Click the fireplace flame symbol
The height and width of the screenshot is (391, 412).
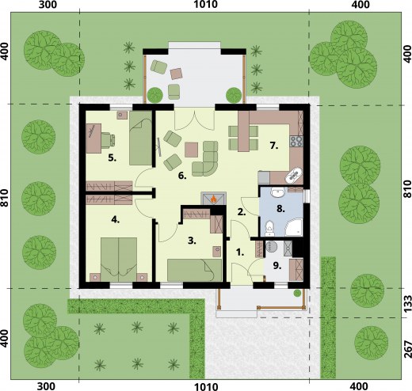[214, 199]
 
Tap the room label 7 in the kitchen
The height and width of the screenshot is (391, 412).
[274, 146]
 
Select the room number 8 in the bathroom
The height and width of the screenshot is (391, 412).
[280, 209]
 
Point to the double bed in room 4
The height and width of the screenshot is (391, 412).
[119, 260]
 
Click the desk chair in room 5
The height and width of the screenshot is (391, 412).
[108, 140]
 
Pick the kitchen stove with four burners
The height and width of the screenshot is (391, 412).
[296, 141]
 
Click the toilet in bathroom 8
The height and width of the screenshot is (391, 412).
[269, 228]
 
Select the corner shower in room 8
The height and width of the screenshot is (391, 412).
[294, 226]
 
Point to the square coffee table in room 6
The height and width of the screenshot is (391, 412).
[192, 150]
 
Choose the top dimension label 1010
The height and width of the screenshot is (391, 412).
[206, 5]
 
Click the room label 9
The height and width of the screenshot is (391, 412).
[277, 266]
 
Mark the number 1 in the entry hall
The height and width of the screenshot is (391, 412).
[240, 252]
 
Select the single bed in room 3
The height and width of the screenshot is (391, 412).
[194, 270]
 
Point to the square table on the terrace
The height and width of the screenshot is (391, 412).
[177, 74]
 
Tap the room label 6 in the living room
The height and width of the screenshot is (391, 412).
[182, 176]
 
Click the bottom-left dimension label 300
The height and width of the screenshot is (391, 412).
[47, 386]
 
